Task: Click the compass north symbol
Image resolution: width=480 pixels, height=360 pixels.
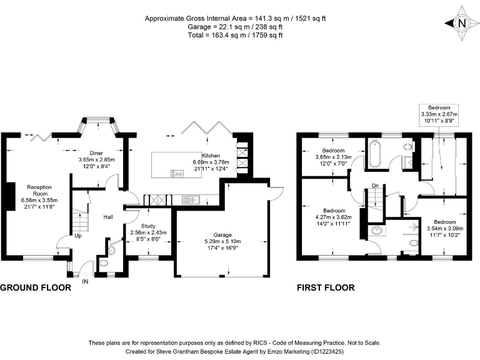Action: pos(461,24)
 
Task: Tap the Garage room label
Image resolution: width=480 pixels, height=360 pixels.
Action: pos(222,234)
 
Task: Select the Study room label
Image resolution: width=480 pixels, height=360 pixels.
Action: pos(148,225)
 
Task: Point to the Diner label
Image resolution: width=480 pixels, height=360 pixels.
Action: pos(96,152)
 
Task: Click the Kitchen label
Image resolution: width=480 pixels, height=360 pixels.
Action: pos(210,156)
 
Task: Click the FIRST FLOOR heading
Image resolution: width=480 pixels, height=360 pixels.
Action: pos(326,288)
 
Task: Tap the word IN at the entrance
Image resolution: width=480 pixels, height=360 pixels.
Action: pos(86,281)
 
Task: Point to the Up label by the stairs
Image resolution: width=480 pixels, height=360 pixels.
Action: pos(77,236)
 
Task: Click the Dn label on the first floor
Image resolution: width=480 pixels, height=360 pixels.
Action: pos(374,186)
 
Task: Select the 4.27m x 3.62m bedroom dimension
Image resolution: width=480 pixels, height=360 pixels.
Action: pos(334,217)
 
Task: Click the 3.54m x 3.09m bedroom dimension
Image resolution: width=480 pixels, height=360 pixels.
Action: pos(444,229)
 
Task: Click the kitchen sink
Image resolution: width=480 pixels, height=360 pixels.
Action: pos(191,200)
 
